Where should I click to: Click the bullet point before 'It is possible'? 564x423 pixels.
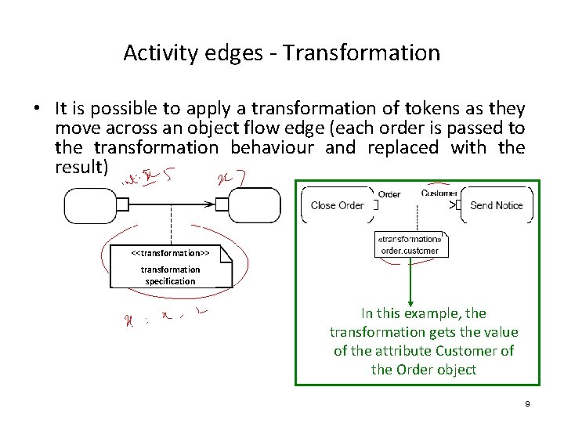(x=38, y=109)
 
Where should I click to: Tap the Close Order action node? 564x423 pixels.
(x=338, y=205)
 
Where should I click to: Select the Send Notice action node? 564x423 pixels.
(x=496, y=205)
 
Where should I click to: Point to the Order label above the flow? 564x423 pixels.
(x=389, y=194)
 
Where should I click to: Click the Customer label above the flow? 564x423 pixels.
(x=439, y=193)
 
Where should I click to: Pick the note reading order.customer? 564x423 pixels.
(x=410, y=245)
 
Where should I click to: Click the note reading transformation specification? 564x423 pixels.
(x=170, y=267)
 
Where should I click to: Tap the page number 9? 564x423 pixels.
(x=527, y=403)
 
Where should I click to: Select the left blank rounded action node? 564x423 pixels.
(x=89, y=205)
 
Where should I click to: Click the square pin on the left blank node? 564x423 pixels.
(x=121, y=205)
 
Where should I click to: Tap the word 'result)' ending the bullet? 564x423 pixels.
(x=81, y=167)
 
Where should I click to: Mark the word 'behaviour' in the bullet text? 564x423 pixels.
(x=272, y=147)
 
